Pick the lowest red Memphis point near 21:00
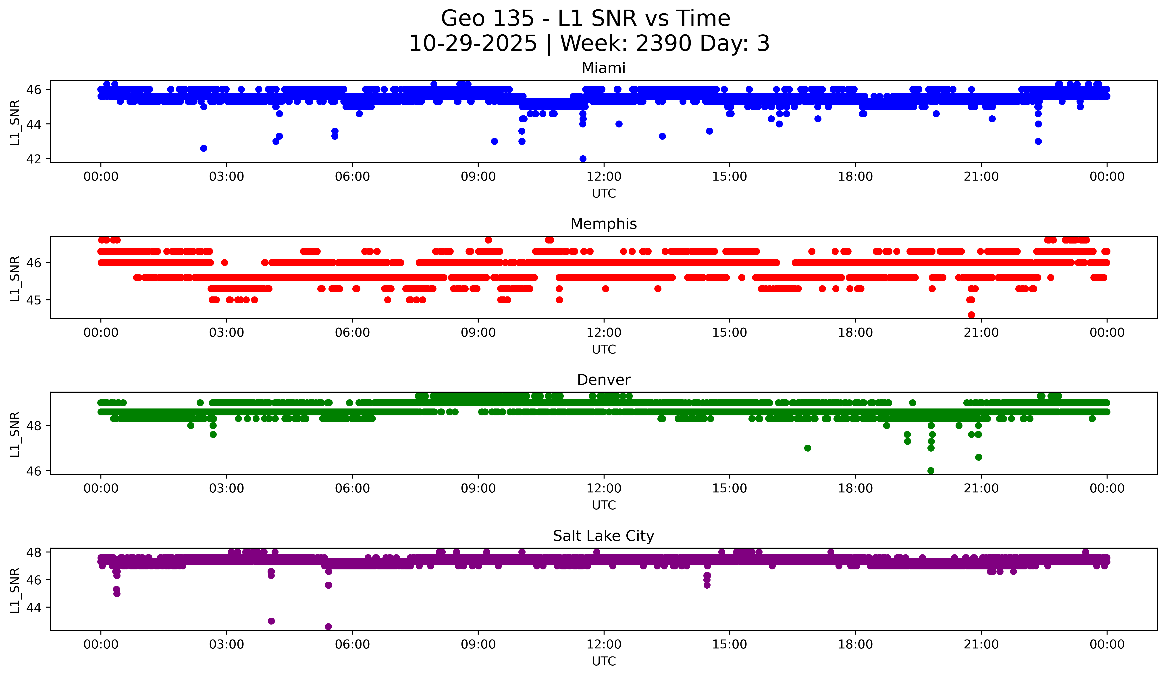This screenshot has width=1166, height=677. click(971, 315)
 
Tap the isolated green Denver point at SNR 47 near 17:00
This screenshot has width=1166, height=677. click(807, 448)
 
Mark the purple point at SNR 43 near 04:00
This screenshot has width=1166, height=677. click(271, 621)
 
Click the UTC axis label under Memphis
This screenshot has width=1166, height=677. click(604, 349)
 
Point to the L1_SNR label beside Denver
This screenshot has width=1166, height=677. click(15, 434)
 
